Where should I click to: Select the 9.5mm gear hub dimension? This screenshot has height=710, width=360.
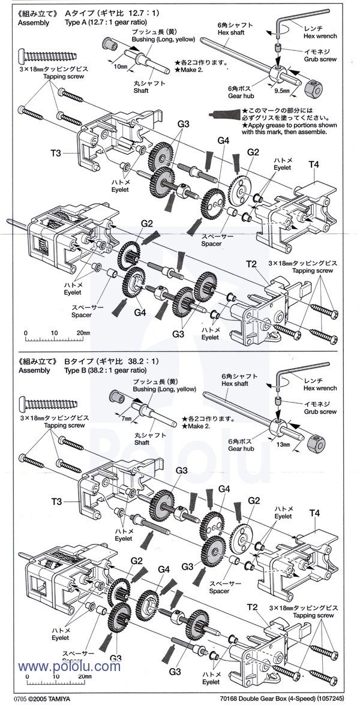coord(282,92)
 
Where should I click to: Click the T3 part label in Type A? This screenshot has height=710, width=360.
coord(56,153)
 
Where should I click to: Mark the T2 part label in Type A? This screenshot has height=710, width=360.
coord(251,264)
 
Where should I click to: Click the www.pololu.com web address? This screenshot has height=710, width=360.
coord(69,667)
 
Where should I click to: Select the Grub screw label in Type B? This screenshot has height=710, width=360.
coord(319,412)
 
